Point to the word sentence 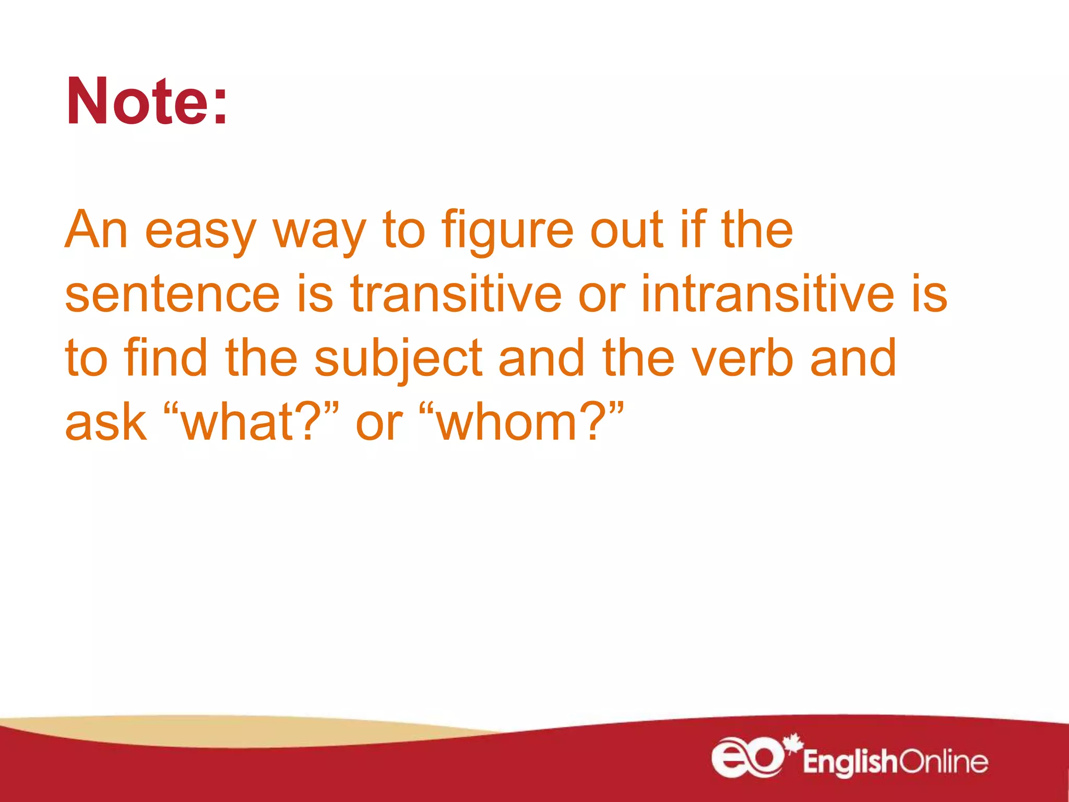coord(172,294)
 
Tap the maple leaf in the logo coord(793,742)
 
